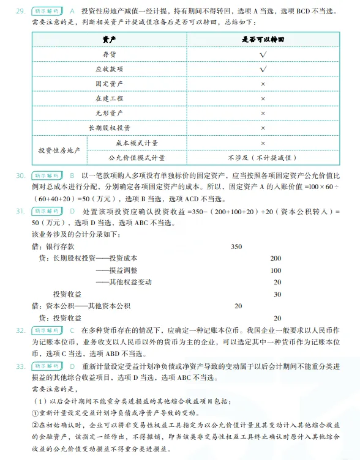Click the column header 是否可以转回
click(263, 40)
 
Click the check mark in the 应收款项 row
click(263, 69)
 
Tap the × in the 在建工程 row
click(263, 98)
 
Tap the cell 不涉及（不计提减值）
click(263, 157)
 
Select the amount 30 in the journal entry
click(277, 294)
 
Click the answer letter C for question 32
click(72, 330)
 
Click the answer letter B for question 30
click(72, 176)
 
